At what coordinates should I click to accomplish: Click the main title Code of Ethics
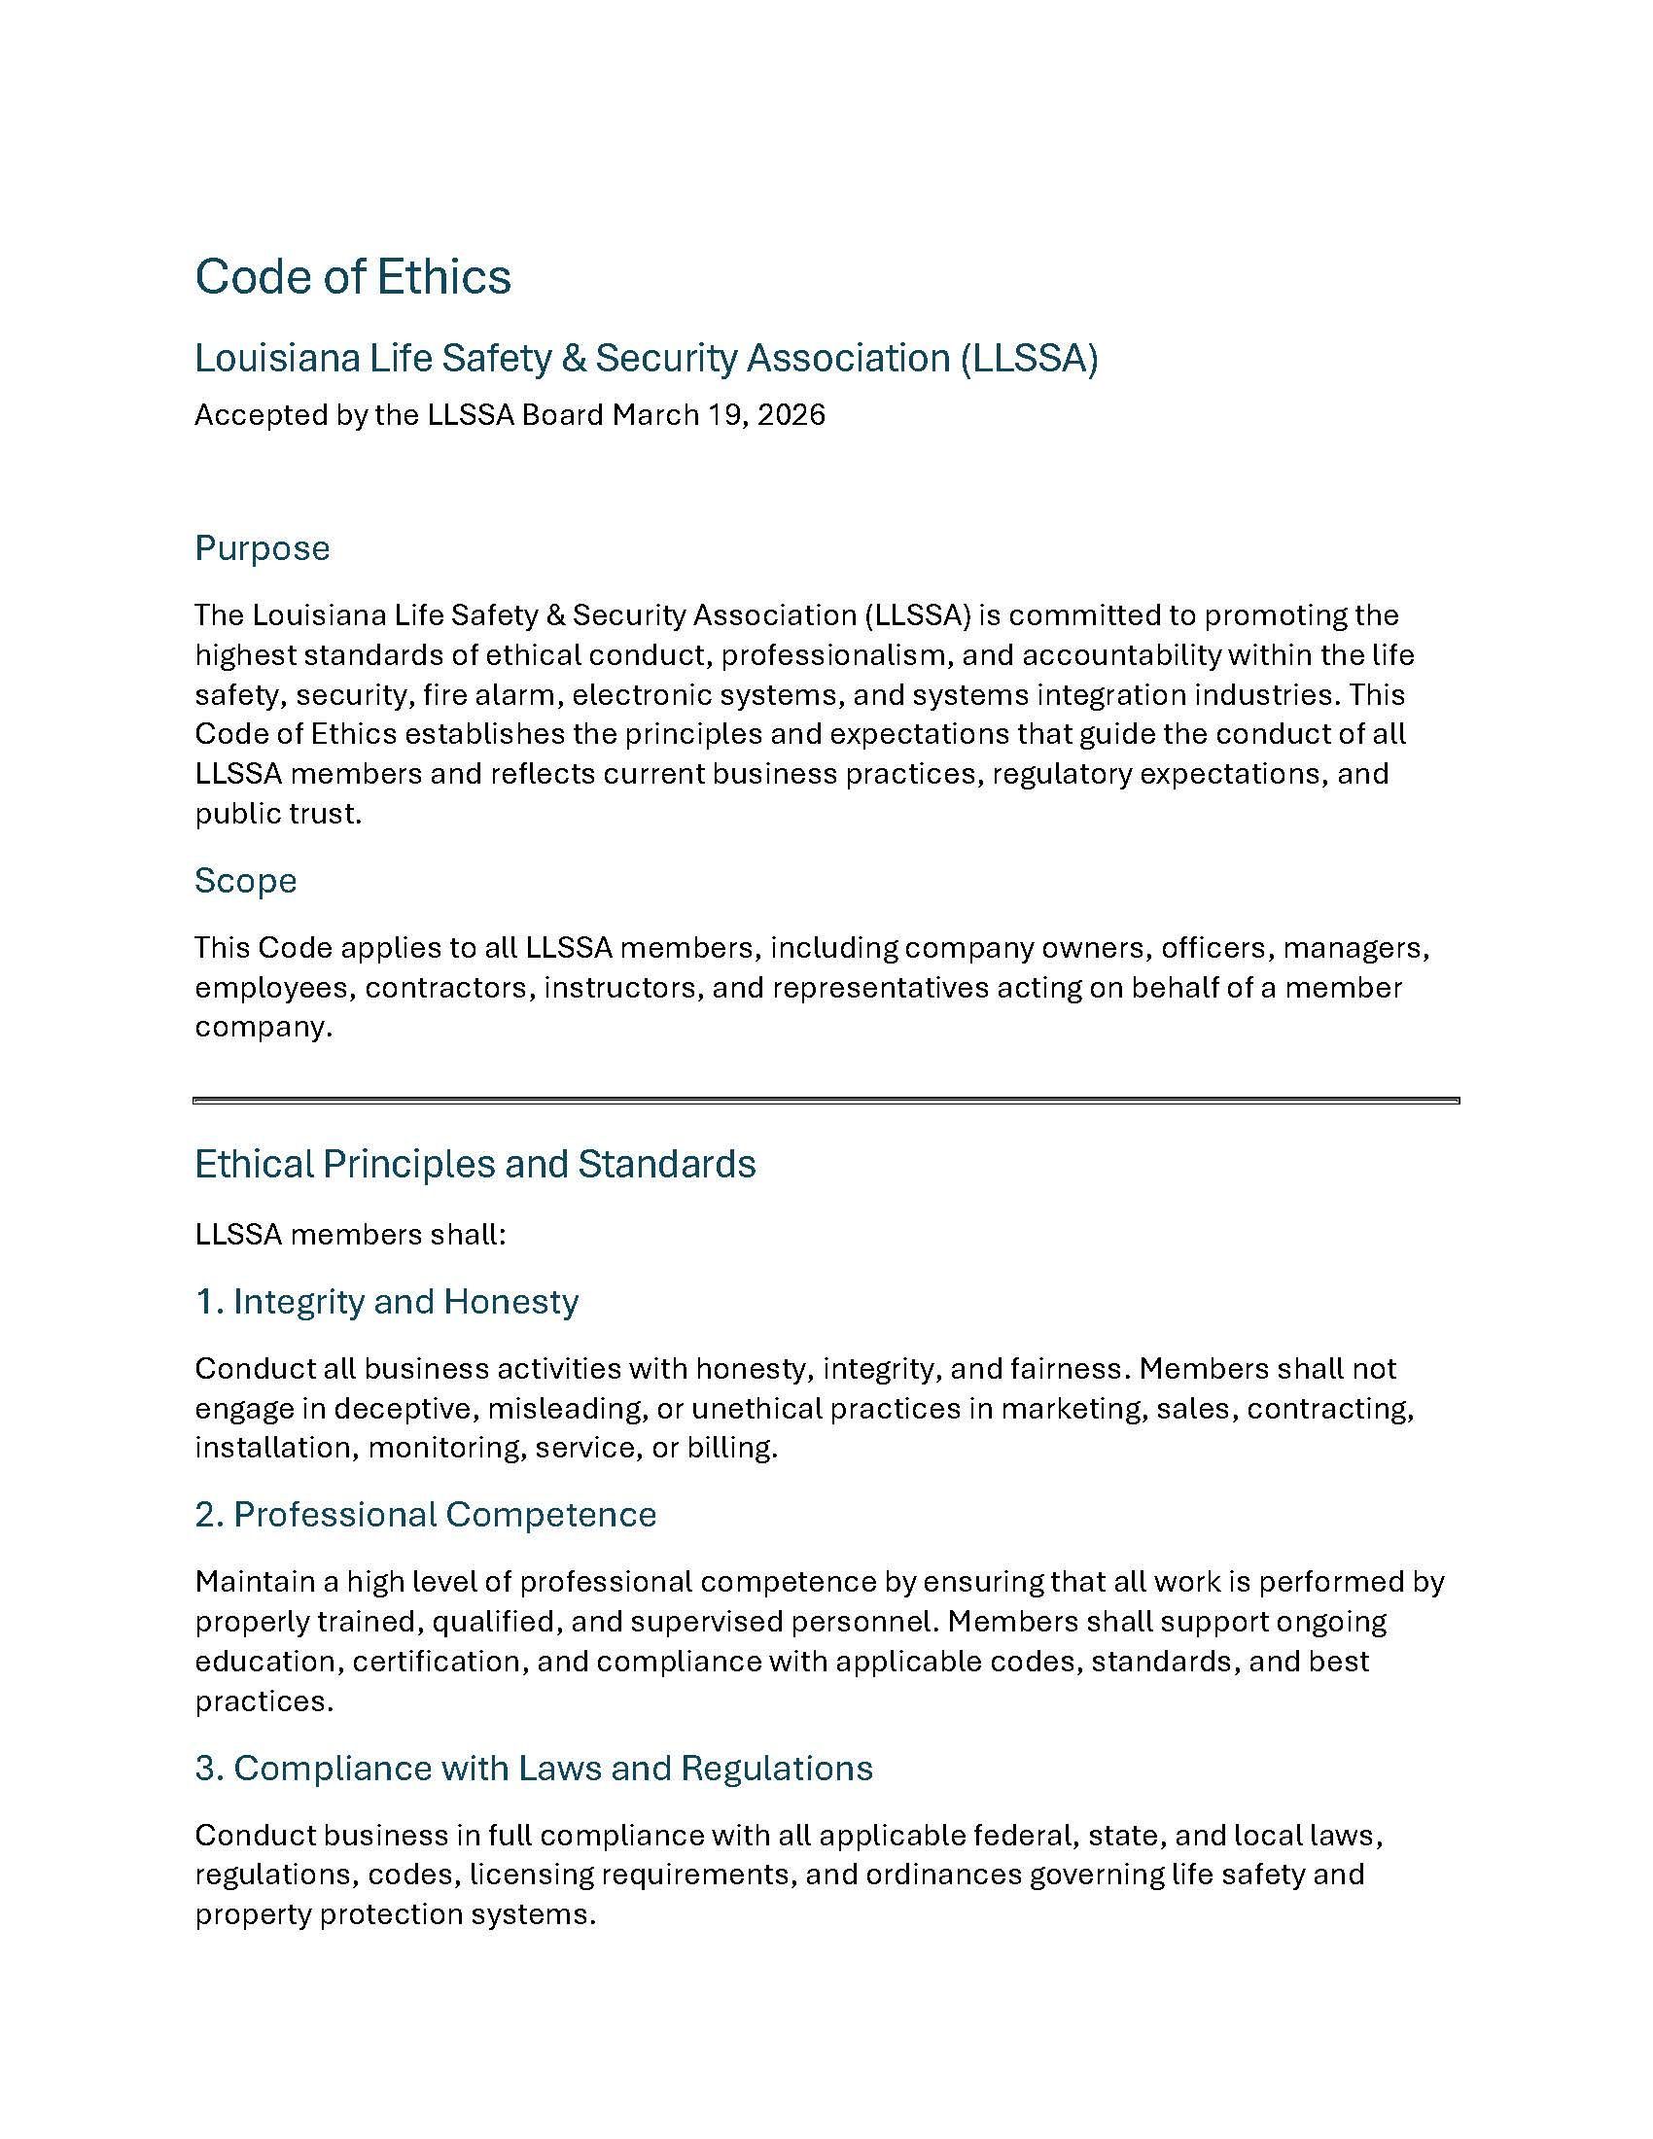[353, 276]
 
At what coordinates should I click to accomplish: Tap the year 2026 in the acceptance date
[791, 415]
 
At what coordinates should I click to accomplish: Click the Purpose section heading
[262, 548]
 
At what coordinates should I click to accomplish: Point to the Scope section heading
[245, 881]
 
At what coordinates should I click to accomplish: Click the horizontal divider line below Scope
[826, 1101]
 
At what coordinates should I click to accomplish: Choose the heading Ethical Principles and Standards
[475, 1164]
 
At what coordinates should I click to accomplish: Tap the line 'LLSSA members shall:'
[350, 1234]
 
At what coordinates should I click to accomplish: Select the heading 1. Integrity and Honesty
[386, 1302]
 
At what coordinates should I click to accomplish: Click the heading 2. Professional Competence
[425, 1514]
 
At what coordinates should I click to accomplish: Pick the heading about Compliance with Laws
[534, 1768]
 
